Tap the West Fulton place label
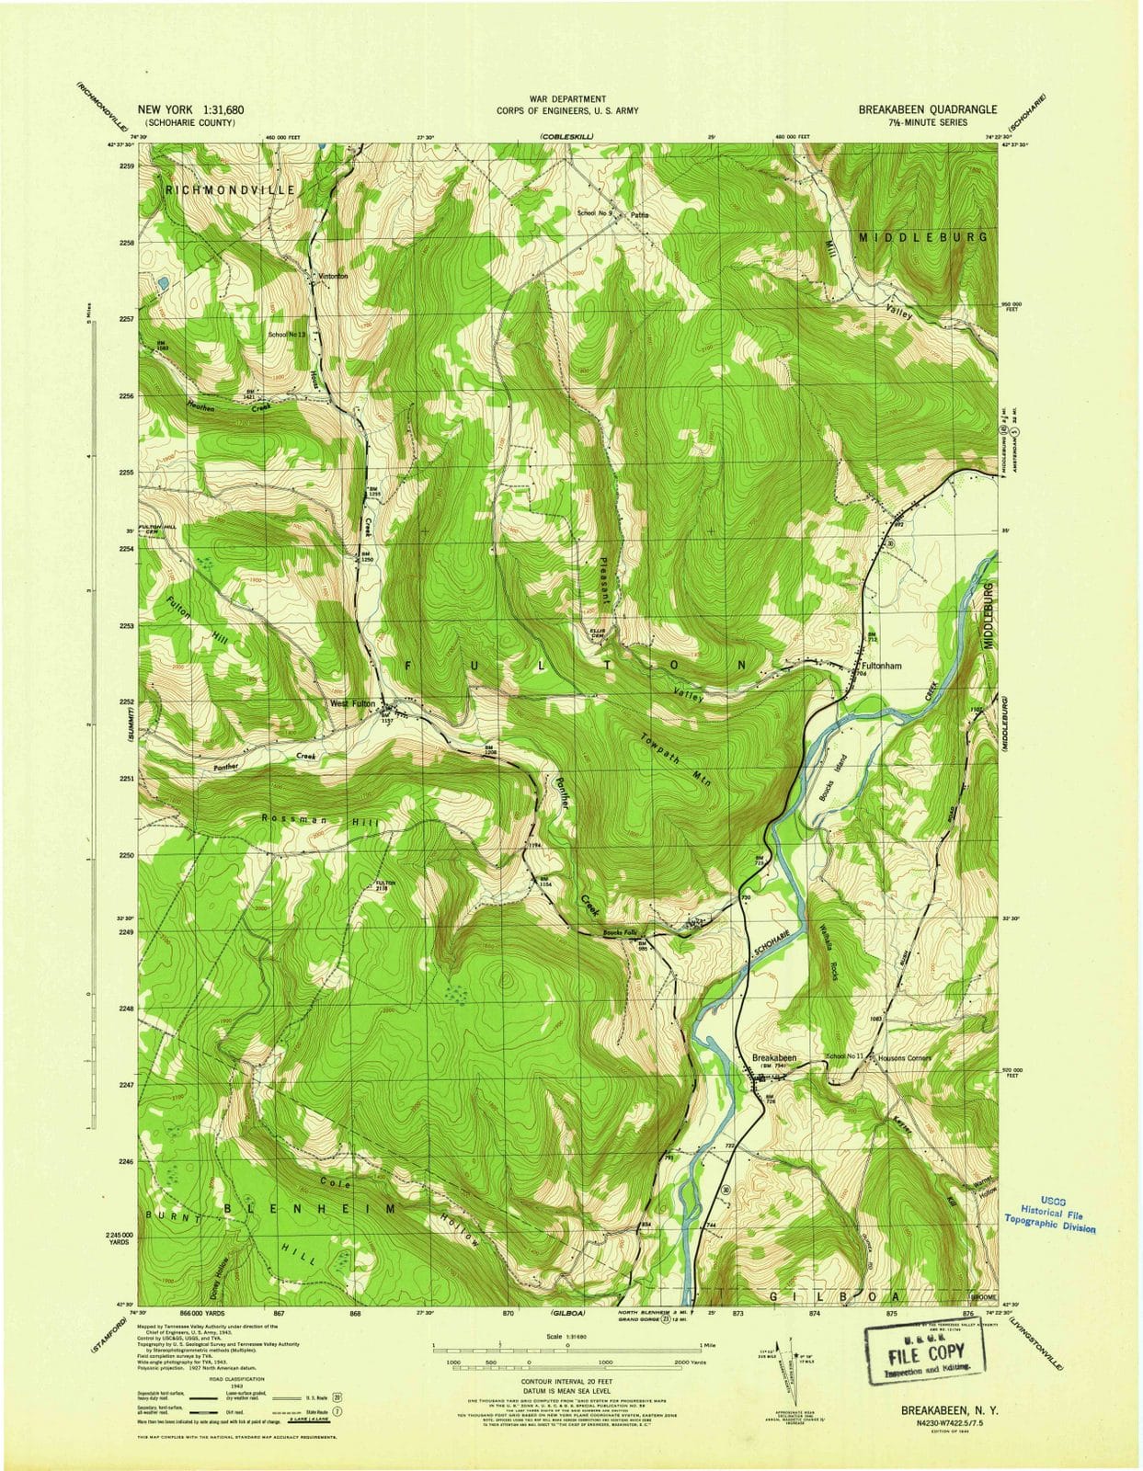[x=353, y=704]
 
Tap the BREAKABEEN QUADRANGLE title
[x=927, y=109]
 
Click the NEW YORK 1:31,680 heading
[x=190, y=109]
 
